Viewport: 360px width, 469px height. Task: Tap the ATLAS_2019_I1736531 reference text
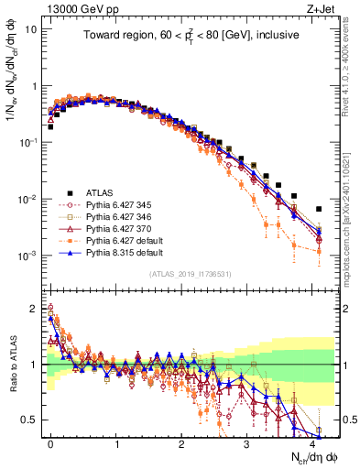[x=190, y=274]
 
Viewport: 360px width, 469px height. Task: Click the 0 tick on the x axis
[x=50, y=442]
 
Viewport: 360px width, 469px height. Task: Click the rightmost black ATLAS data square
[x=319, y=209]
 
